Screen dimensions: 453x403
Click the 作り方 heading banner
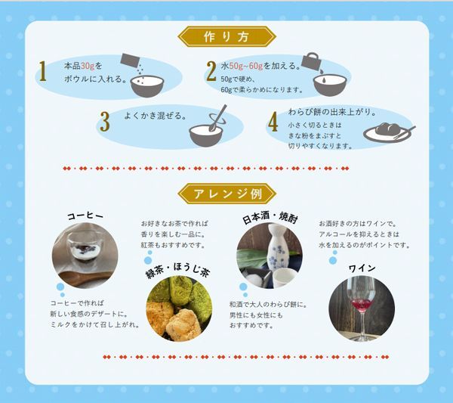coord(226,37)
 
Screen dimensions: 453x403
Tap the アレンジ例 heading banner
coord(226,194)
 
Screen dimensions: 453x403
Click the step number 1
coord(43,71)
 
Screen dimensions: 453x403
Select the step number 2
coord(211,72)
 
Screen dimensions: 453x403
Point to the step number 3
coord(105,122)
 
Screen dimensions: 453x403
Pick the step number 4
coord(273,122)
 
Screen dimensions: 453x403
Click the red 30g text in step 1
coord(88,66)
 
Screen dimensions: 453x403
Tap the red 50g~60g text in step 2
coord(246,66)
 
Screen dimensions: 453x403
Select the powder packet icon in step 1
coord(130,60)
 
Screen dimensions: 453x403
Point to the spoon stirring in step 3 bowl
coord(219,117)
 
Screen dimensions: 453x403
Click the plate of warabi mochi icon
coord(389,132)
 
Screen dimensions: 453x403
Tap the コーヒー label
coord(85,215)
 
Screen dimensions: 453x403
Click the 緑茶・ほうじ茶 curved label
coord(177,271)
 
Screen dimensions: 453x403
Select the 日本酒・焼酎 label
coord(270,218)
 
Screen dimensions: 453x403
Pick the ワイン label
coord(362,268)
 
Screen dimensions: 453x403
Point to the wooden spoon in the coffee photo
coord(85,277)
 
